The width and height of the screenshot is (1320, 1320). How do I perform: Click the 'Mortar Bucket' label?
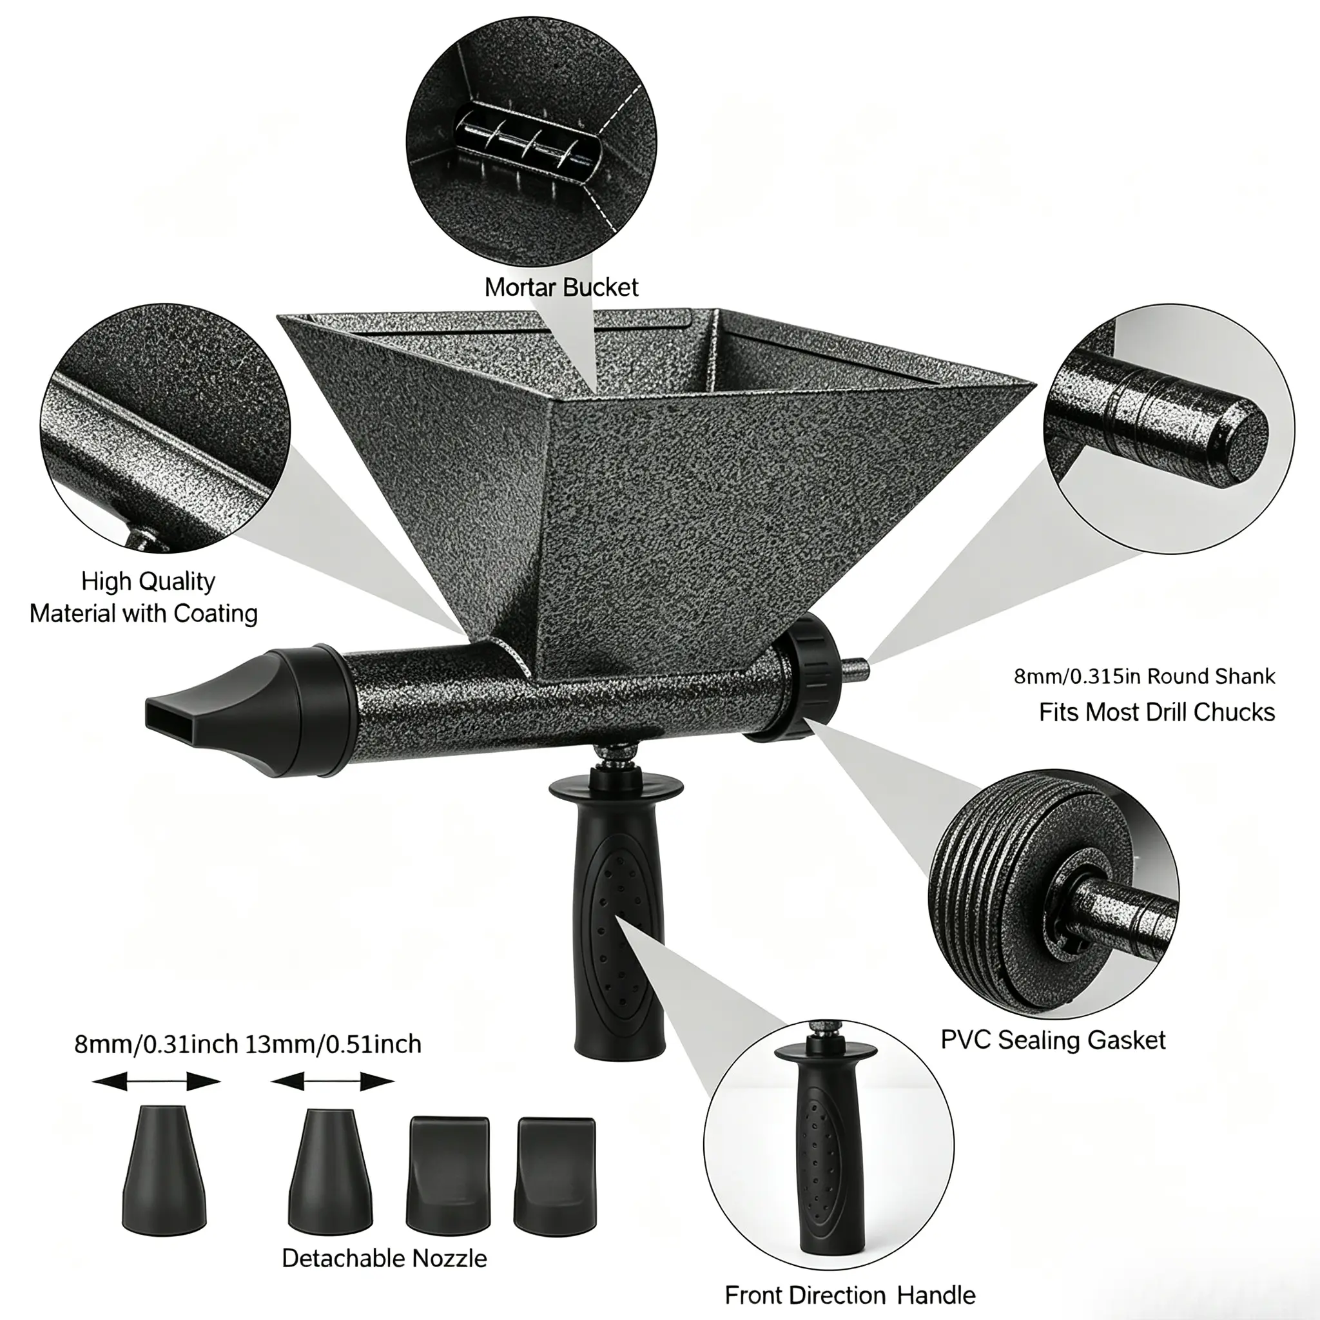tap(561, 287)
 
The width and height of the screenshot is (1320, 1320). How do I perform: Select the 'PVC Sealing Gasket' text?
tap(1053, 1040)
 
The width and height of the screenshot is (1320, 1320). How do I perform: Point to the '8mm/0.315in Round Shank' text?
tap(1145, 676)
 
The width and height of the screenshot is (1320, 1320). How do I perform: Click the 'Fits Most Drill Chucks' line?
tap(1157, 712)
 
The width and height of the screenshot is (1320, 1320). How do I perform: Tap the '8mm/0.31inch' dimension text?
tap(156, 1044)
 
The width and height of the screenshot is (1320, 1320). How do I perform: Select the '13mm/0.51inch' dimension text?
tap(333, 1044)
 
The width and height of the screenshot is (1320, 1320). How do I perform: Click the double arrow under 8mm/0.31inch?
tap(156, 1082)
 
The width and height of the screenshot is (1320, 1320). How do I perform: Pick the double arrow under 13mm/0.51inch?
tap(333, 1082)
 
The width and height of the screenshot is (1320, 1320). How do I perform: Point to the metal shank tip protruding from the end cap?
tap(857, 668)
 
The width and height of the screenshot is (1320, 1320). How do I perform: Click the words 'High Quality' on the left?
tap(148, 581)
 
